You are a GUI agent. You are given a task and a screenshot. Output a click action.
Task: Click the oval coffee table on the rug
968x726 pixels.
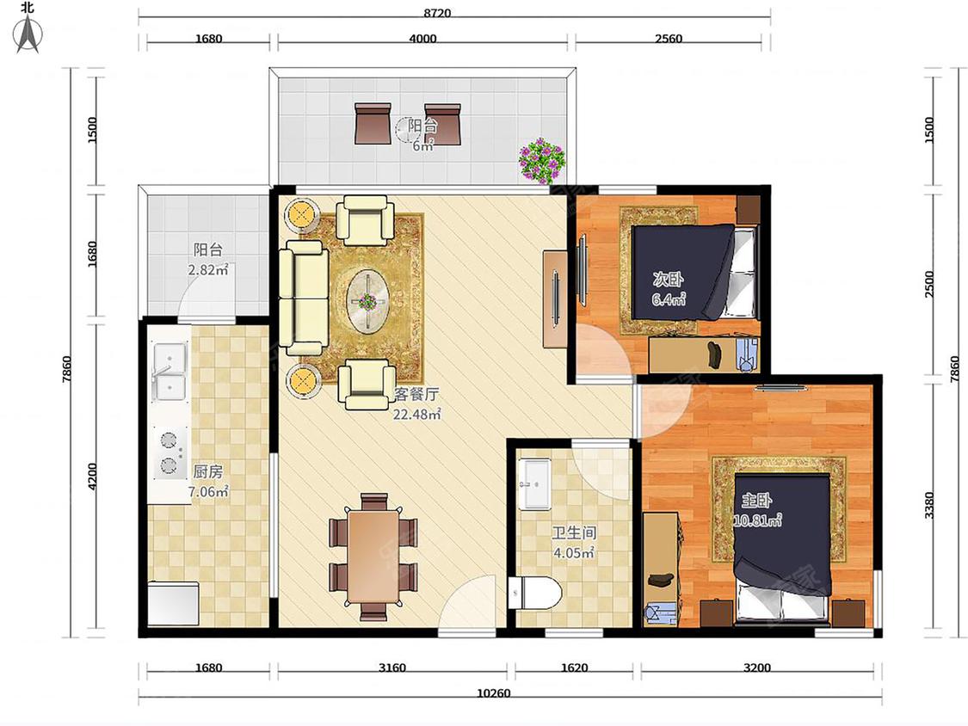coord(368,302)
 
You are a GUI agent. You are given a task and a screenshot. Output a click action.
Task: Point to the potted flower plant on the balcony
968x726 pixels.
coord(541,161)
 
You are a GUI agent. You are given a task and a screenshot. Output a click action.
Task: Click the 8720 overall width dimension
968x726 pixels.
coord(437,13)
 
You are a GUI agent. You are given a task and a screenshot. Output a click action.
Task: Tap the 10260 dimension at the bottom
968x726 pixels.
coord(494,693)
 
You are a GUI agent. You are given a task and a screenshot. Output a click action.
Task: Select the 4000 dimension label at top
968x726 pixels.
coord(422,38)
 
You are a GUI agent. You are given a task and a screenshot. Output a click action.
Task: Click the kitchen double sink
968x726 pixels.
coord(170,372)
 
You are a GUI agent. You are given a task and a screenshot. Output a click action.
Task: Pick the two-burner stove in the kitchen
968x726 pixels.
coord(170,453)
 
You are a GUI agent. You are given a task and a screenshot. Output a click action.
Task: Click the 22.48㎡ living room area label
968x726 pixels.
coord(417,415)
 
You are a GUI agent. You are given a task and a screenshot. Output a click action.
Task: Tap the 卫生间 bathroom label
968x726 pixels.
coord(574,532)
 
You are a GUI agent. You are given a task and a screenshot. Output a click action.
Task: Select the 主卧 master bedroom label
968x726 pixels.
coord(757,500)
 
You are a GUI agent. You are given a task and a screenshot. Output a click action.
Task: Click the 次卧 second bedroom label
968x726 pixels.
coord(668,279)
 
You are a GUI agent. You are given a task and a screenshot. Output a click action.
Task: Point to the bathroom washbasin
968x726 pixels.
coord(534,483)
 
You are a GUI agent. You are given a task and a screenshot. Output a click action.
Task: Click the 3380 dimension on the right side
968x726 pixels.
coord(930,505)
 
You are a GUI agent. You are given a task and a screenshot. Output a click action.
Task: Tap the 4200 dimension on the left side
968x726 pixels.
coord(92,477)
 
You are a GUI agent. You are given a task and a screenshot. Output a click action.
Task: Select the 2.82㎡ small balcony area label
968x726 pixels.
coord(208,270)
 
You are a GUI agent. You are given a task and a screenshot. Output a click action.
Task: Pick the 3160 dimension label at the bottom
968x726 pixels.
coord(392,668)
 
